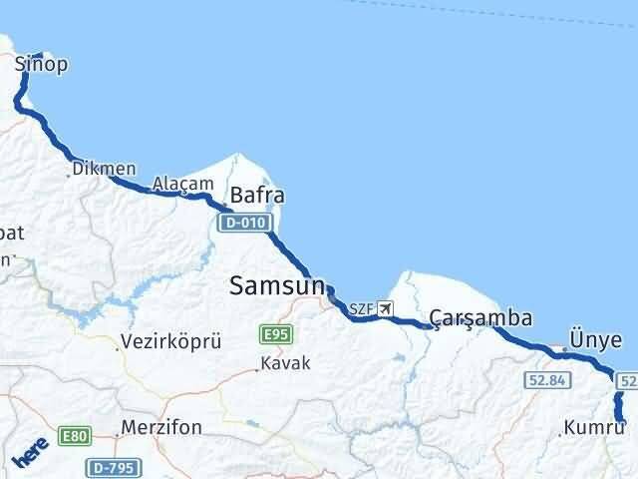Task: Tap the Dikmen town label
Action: [104, 170]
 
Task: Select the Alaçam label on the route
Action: [182, 184]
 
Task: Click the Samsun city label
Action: [277, 286]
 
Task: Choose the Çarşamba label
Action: [479, 318]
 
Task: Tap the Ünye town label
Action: [595, 339]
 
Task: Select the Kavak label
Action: [287, 364]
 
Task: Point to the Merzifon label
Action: [160, 428]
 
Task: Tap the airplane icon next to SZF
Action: [386, 307]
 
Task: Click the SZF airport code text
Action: [362, 308]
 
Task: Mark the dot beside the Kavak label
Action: [258, 369]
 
